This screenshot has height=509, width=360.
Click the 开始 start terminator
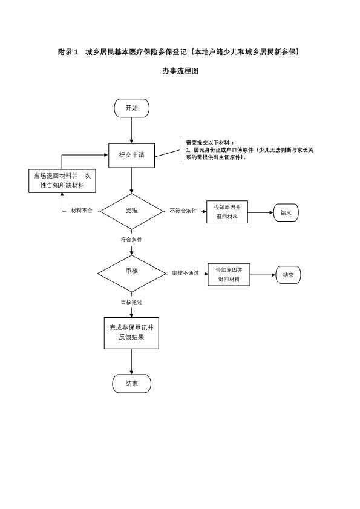coord(131,108)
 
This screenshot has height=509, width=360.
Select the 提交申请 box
coord(131,156)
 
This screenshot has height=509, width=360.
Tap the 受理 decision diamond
coord(131,211)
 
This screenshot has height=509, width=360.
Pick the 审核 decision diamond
coord(131,274)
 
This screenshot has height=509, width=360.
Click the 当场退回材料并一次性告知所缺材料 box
coord(62,181)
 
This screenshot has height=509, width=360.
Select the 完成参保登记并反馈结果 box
coord(131,333)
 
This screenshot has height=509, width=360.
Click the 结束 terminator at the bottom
coord(131,384)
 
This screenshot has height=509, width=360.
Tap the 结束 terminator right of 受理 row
coord(286,213)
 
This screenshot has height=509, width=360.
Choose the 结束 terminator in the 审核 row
coord(288,275)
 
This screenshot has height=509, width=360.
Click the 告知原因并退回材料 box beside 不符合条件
coord(227,212)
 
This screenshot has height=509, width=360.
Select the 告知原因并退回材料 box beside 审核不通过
coord(229,275)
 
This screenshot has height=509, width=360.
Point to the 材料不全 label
coord(82,211)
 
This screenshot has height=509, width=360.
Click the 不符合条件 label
coord(183,211)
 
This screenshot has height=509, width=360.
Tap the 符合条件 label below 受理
coord(131,240)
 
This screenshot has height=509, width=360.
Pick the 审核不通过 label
coord(185,274)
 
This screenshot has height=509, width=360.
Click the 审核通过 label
coord(131,303)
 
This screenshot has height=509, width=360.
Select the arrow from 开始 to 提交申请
coord(131,131)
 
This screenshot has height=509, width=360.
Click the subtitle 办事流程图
coord(180,71)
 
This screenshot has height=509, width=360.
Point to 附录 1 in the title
coord(68,52)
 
